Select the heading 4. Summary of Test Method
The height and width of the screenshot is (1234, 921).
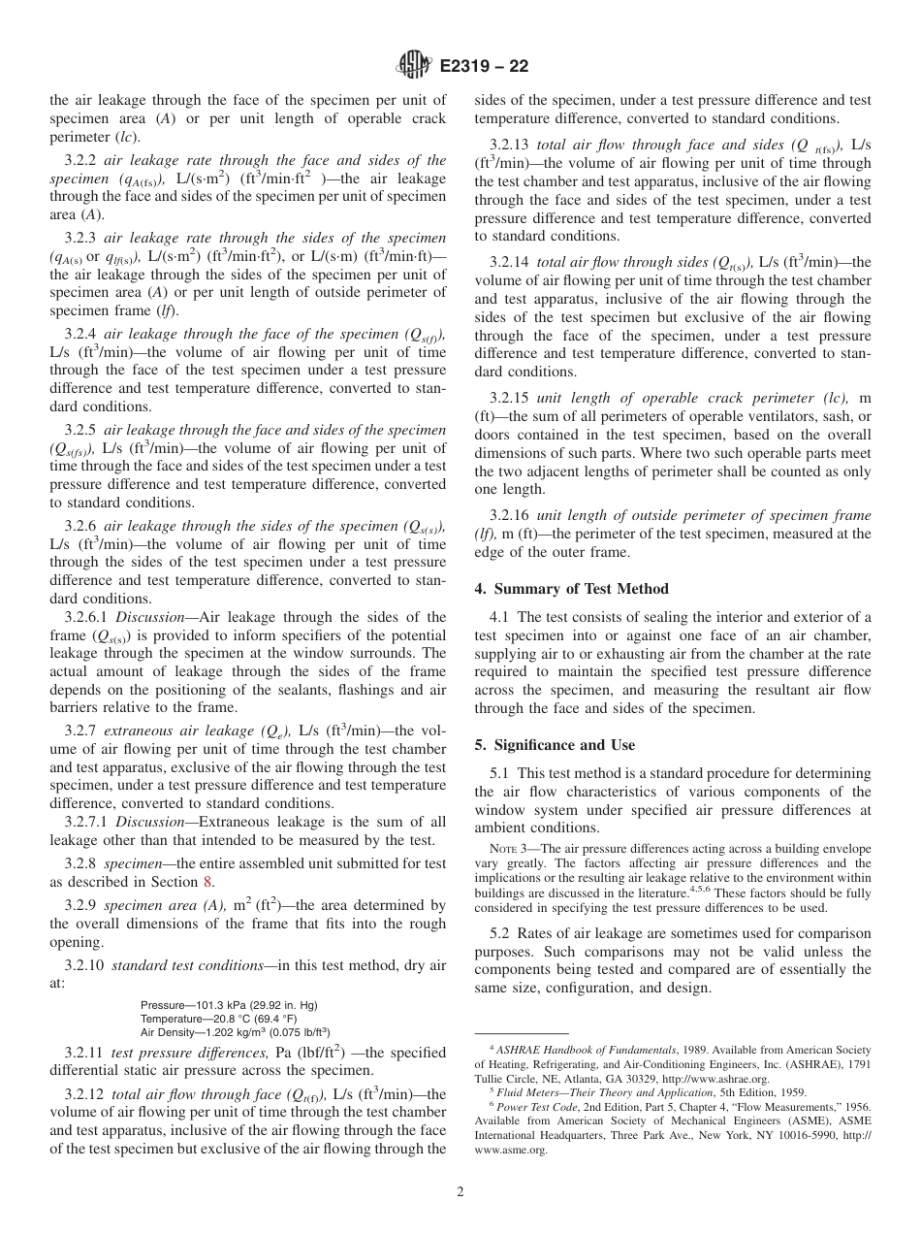(x=572, y=588)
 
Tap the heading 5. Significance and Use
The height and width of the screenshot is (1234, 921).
(x=556, y=745)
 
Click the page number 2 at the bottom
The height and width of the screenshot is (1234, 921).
(x=460, y=1192)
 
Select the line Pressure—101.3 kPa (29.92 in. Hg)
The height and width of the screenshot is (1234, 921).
(x=229, y=1004)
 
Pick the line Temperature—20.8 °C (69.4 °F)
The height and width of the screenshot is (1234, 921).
(x=222, y=1019)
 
